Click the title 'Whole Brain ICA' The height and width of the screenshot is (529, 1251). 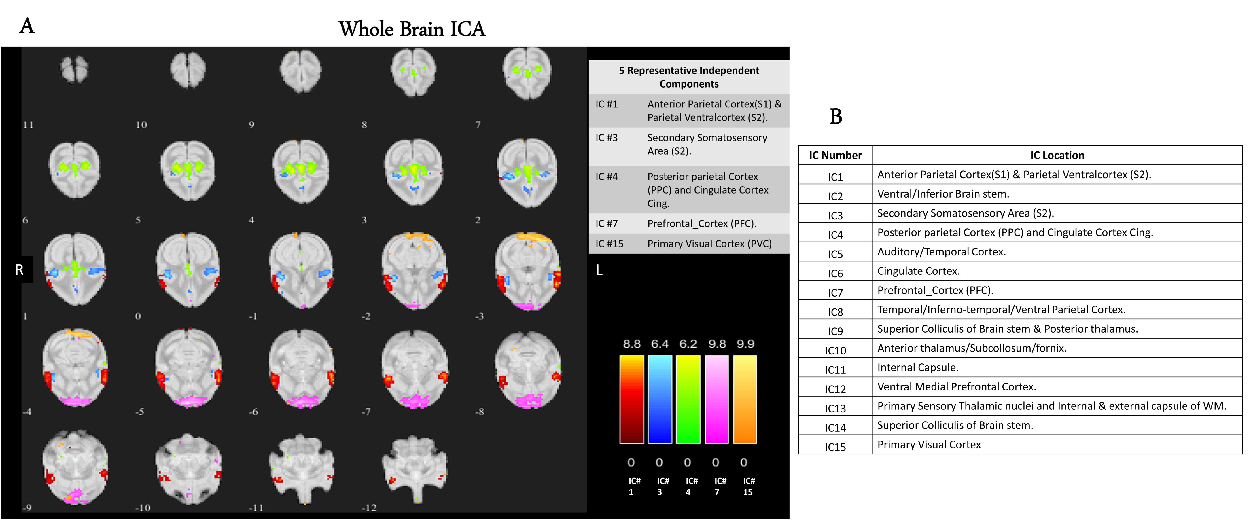(412, 29)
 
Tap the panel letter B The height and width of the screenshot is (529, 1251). (835, 116)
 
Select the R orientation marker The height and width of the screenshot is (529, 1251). (19, 270)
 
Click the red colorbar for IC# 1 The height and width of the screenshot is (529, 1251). (631, 399)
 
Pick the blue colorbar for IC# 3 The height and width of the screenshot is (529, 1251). (660, 399)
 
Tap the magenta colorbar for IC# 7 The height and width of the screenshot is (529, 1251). (716, 399)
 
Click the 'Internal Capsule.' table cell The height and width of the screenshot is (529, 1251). (917, 367)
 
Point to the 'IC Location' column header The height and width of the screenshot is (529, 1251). (1057, 155)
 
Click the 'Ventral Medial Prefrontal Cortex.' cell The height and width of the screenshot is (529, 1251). (956, 387)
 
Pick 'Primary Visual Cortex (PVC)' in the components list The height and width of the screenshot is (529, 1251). (709, 244)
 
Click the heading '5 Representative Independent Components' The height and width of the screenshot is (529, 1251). (689, 77)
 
